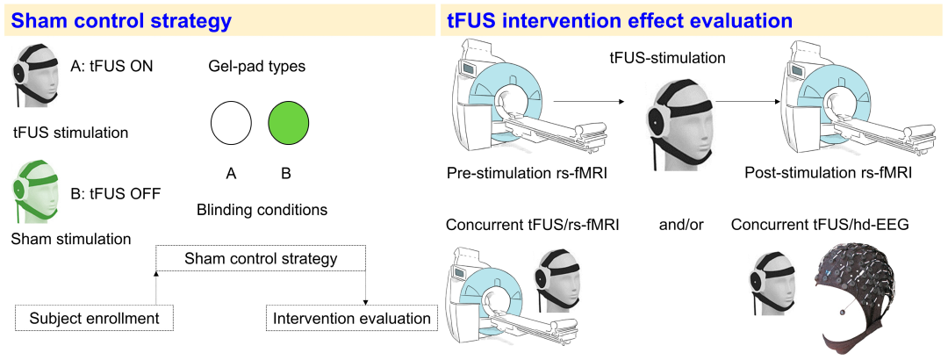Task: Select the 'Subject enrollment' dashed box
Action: coord(94,318)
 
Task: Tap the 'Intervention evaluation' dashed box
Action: coord(352,318)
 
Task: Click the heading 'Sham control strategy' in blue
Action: coord(121,21)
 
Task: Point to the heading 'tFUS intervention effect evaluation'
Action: coord(620,21)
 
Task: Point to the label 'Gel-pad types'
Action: coord(262,65)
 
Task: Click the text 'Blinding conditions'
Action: coord(262,210)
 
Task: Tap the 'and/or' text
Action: coord(681,225)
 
